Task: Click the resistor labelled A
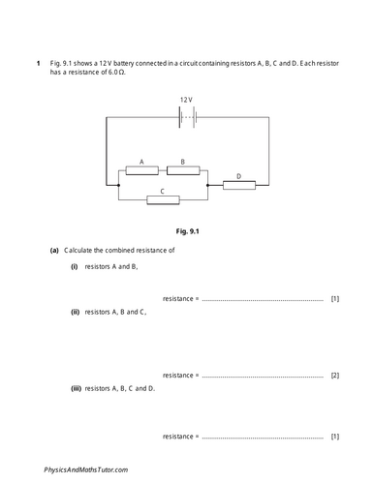(x=141, y=170)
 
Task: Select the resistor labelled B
(x=183, y=170)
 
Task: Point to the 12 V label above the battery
(x=187, y=100)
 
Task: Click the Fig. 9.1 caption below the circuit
(x=186, y=232)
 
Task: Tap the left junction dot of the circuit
(x=118, y=185)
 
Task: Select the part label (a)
(x=54, y=250)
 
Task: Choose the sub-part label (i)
(x=73, y=265)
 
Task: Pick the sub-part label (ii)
(x=75, y=313)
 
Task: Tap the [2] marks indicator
(x=334, y=375)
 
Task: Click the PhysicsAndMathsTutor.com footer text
(x=86, y=469)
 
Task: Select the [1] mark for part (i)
(x=334, y=299)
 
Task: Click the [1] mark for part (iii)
(x=334, y=437)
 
